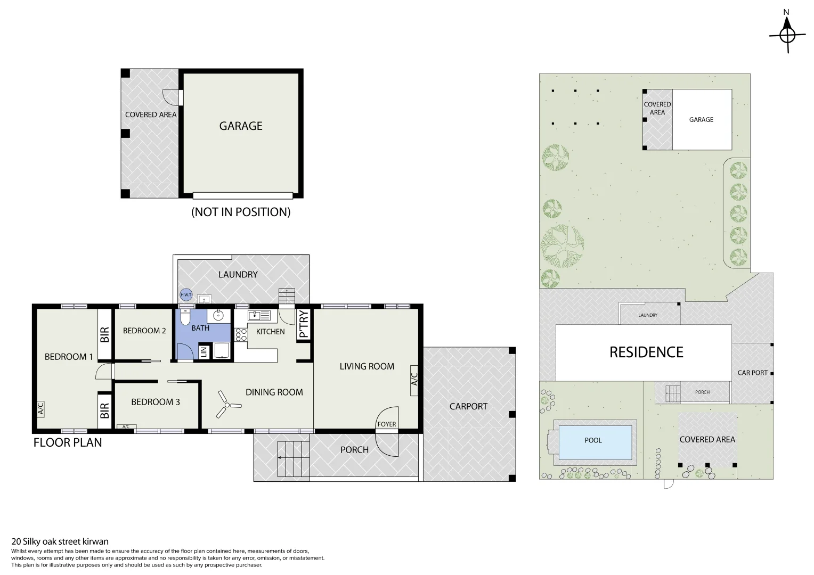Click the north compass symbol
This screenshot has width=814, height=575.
pyautogui.click(x=787, y=35)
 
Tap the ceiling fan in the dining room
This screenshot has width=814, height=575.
pyautogui.click(x=227, y=405)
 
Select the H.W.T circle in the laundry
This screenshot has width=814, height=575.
pyautogui.click(x=186, y=294)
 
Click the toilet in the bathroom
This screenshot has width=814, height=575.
pyautogui.click(x=185, y=317)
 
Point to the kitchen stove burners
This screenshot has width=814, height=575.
pyautogui.click(x=241, y=334)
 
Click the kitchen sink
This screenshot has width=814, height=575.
pyautogui.click(x=259, y=315)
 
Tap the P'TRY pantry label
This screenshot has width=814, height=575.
pyautogui.click(x=304, y=324)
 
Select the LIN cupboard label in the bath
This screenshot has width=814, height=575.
pyautogui.click(x=203, y=351)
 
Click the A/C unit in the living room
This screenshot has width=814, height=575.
pyautogui.click(x=414, y=380)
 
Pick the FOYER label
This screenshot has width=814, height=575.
pyautogui.click(x=387, y=424)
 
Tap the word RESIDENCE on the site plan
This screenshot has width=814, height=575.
pyautogui.click(x=646, y=352)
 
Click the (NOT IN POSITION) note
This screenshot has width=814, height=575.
pyautogui.click(x=241, y=212)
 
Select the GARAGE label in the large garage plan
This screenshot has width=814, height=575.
pyautogui.click(x=241, y=126)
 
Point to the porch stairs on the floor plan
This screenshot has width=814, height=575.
pyautogui.click(x=294, y=459)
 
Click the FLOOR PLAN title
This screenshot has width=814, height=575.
pyautogui.click(x=68, y=442)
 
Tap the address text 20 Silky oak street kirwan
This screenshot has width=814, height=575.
pyautogui.click(x=60, y=541)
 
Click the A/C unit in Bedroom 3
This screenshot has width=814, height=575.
pyautogui.click(x=126, y=426)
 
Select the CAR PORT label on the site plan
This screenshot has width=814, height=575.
pyautogui.click(x=752, y=373)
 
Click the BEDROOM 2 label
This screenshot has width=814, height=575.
pyautogui.click(x=144, y=331)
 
